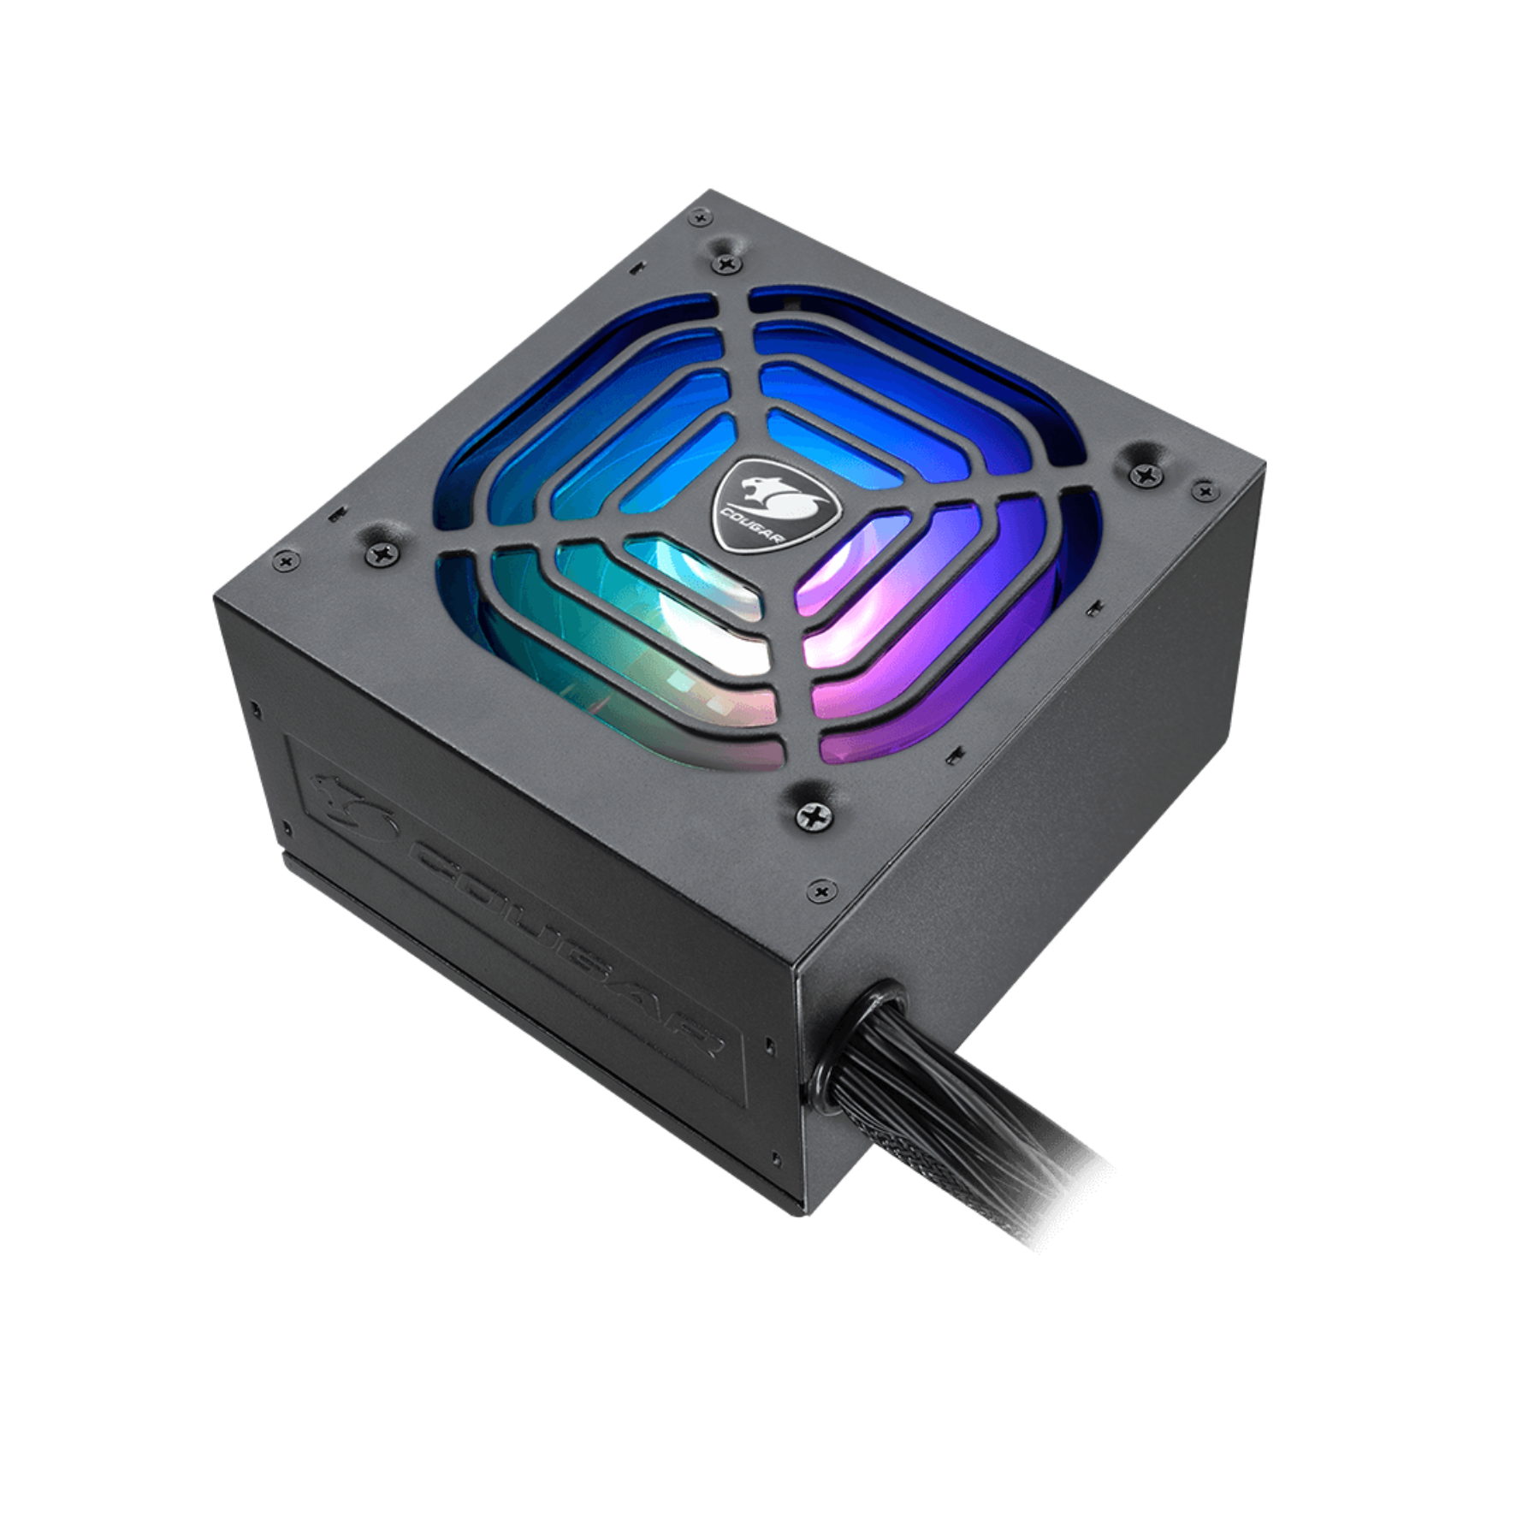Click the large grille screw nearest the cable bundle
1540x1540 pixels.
(x=808, y=814)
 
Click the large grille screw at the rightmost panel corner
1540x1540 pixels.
(x=1143, y=470)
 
